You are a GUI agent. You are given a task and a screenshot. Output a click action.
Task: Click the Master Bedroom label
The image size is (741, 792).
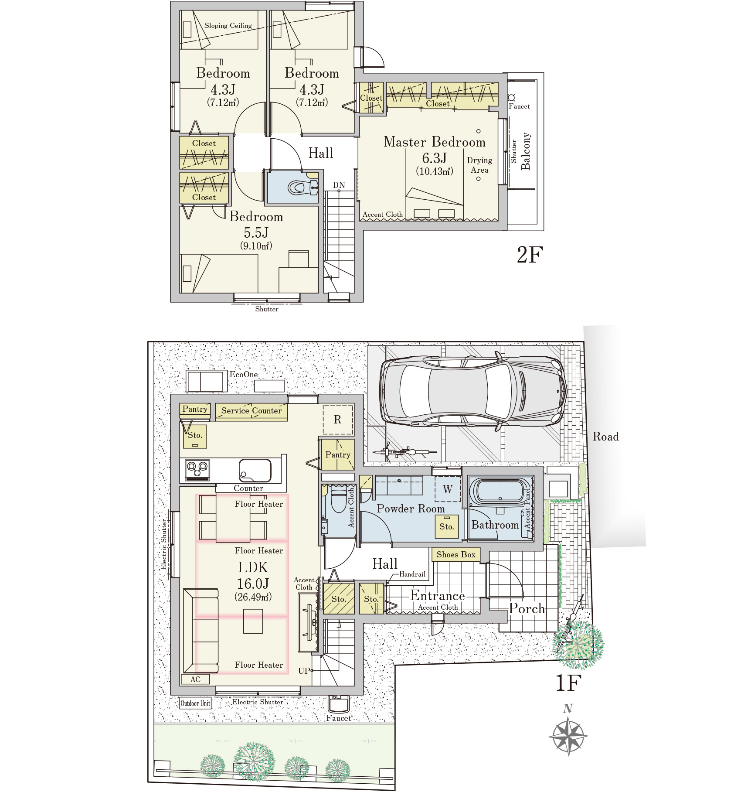(x=435, y=142)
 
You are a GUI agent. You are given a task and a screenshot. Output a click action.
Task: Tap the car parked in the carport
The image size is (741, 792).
(x=473, y=391)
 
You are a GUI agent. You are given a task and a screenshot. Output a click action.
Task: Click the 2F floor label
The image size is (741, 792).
(x=530, y=255)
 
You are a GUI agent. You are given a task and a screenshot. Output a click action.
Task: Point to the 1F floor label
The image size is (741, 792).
(x=569, y=683)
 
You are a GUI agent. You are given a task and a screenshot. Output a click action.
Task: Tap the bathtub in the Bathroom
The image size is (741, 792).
(x=500, y=492)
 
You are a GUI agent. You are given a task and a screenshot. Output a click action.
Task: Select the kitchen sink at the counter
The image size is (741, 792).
(x=255, y=471)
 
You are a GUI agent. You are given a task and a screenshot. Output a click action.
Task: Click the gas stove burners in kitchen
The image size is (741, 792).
(x=197, y=470)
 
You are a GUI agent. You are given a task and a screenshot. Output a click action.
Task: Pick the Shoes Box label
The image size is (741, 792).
(x=456, y=555)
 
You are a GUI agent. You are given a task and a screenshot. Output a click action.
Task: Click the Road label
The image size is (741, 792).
(x=606, y=437)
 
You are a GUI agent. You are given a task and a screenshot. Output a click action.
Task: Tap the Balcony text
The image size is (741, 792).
(x=526, y=151)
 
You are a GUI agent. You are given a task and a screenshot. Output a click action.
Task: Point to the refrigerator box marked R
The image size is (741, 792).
(x=338, y=420)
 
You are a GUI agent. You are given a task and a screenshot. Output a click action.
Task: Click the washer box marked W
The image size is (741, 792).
(x=448, y=489)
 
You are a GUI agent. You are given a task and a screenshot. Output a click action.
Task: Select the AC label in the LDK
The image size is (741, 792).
(x=195, y=679)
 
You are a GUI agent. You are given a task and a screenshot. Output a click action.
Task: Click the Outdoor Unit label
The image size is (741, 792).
(x=195, y=703)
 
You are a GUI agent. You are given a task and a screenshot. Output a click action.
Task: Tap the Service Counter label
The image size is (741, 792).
(x=252, y=411)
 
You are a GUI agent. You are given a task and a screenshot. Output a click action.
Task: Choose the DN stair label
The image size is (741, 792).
(x=339, y=185)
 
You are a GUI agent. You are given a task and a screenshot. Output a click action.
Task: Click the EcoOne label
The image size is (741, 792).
(x=244, y=375)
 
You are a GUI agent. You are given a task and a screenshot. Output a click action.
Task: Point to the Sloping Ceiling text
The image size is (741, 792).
(x=228, y=26)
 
